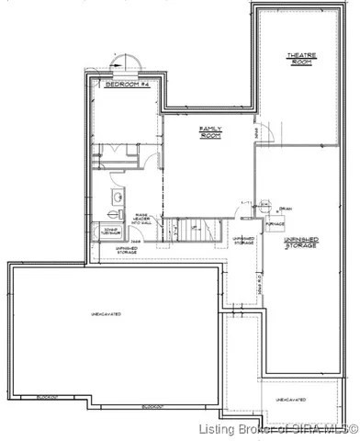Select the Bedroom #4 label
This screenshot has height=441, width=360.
(x=122, y=84)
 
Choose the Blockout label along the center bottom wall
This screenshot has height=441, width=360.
(x=153, y=406)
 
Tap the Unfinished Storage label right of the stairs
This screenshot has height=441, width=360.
(x=242, y=241)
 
